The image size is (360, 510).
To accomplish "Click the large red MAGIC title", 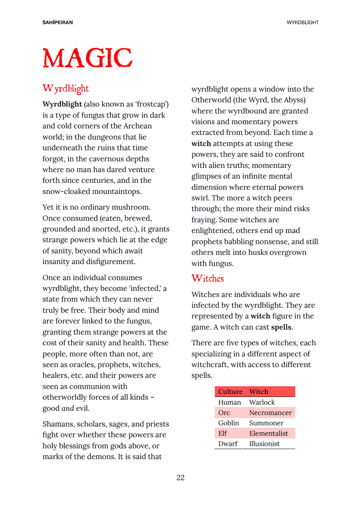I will [x=87, y=58].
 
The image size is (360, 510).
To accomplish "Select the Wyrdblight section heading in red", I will [x=65, y=89].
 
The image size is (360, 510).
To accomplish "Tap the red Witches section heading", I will [x=208, y=279].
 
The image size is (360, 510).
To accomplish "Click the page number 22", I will [x=180, y=477].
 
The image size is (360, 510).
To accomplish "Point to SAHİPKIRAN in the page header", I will [x=57, y=23].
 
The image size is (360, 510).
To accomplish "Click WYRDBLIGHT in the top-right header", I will [x=303, y=23].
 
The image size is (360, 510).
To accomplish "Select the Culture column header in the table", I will [x=230, y=392].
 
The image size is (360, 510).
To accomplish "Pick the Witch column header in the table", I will [x=259, y=392].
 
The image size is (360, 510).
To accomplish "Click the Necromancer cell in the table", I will [x=270, y=413].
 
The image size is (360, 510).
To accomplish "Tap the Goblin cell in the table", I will [x=229, y=423].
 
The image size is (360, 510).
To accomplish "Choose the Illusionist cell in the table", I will [x=264, y=444].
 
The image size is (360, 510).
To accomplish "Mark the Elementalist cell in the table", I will [x=268, y=433].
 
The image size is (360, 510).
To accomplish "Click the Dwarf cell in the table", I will [x=228, y=444].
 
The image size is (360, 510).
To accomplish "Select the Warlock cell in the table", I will [x=262, y=402].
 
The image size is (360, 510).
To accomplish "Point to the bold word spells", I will [x=281, y=327].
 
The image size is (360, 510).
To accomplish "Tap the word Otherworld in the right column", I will [x=211, y=100].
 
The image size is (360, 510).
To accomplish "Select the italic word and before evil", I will [x=68, y=408].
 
